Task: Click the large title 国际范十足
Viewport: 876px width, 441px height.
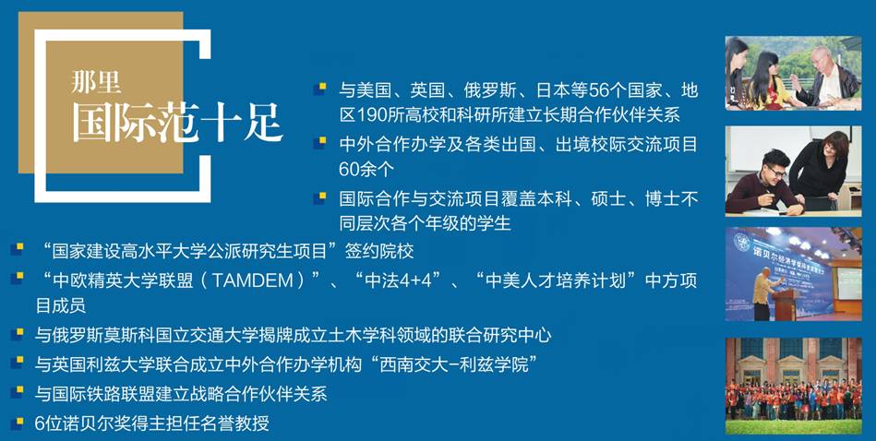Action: pyautogui.click(x=177, y=123)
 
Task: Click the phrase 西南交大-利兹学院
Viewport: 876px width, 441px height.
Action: pyautogui.click(x=461, y=364)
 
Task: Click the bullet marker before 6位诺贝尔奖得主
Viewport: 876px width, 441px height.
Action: pyautogui.click(x=17, y=423)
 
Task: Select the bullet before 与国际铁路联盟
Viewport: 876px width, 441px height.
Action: pyautogui.click(x=17, y=394)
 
